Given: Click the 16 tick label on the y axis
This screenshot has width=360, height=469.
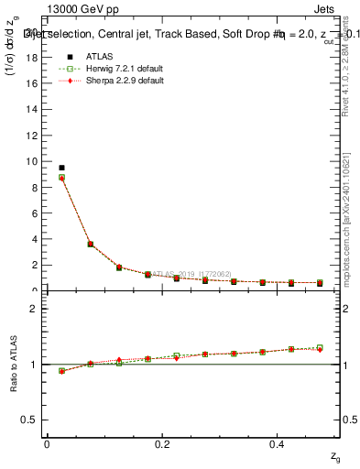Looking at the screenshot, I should (x=33, y=83).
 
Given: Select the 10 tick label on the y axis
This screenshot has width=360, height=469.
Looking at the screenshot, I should (x=33, y=161).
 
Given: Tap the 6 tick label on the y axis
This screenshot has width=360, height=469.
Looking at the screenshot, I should (x=36, y=213).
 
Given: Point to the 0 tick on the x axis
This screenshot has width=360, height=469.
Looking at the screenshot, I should (x=46, y=443).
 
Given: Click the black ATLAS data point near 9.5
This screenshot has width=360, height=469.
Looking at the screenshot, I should (x=61, y=168).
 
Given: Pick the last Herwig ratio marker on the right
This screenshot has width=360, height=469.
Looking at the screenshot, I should (x=320, y=348).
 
